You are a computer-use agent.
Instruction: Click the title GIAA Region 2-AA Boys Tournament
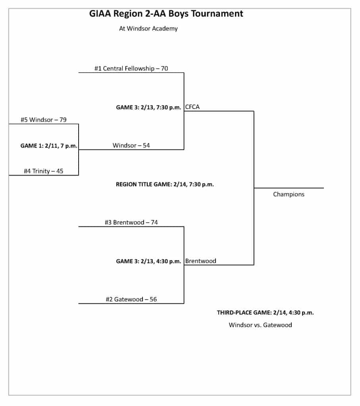click(167, 14)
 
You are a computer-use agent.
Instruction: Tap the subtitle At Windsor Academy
click(148, 29)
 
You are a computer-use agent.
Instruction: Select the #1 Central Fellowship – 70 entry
click(131, 69)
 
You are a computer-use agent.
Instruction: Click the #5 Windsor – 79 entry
click(44, 120)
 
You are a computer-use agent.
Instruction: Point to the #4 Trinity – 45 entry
click(44, 171)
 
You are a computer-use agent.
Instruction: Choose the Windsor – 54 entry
click(131, 146)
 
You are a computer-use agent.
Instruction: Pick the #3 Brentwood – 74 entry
click(131, 222)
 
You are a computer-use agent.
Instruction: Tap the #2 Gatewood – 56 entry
click(131, 299)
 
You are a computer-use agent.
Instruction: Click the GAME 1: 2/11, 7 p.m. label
click(49, 146)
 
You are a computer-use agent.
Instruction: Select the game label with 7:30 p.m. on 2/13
click(148, 107)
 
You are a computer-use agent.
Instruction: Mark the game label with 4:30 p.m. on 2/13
click(148, 261)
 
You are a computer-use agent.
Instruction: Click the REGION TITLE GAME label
click(165, 184)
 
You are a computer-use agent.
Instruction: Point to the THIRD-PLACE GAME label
click(265, 312)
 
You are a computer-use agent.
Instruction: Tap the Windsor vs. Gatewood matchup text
click(260, 325)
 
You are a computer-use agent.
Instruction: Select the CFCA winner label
click(193, 107)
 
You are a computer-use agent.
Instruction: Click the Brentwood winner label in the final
click(200, 261)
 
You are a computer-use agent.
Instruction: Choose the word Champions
click(289, 194)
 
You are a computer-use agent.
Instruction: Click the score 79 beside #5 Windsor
click(63, 120)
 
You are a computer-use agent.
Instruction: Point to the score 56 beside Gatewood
click(153, 299)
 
